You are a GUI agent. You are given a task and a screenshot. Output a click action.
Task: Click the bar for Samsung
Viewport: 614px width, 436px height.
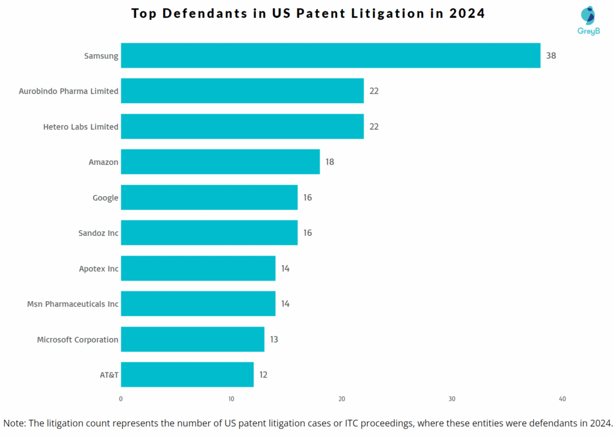click(330, 56)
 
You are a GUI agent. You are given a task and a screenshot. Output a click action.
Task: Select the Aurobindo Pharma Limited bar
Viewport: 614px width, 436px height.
click(242, 91)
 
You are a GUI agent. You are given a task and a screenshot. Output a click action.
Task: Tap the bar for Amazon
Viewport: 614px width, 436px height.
click(220, 162)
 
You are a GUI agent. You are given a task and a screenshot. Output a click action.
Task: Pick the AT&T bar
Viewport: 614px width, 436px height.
click(187, 375)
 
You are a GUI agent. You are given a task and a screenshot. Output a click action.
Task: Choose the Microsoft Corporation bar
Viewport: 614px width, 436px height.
click(192, 339)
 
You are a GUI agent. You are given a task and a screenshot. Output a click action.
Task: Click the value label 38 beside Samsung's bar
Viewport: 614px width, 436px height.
click(551, 56)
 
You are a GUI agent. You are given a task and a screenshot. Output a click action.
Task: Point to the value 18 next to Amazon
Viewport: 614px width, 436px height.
click(330, 162)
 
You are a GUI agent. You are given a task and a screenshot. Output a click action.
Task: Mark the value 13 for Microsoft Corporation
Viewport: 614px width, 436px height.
click(274, 339)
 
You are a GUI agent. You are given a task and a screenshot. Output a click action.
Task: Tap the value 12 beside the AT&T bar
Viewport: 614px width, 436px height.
click(263, 375)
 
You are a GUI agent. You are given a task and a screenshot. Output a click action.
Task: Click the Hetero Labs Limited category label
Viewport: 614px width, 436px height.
click(80, 127)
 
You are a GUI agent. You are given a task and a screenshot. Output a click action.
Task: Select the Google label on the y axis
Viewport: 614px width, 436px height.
click(105, 198)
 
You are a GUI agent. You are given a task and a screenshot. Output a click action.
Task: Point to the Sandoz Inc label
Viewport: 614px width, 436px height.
click(98, 233)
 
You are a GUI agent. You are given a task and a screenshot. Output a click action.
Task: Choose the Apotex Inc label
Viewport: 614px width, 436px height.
click(98, 269)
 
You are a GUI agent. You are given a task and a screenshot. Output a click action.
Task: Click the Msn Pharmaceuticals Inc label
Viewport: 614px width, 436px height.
click(73, 304)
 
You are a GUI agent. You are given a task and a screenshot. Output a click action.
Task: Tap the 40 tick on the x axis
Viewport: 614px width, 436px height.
click(562, 399)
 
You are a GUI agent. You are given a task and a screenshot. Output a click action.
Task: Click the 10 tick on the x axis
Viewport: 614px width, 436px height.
click(231, 399)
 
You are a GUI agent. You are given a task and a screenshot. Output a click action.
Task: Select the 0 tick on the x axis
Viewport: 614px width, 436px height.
click(121, 399)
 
